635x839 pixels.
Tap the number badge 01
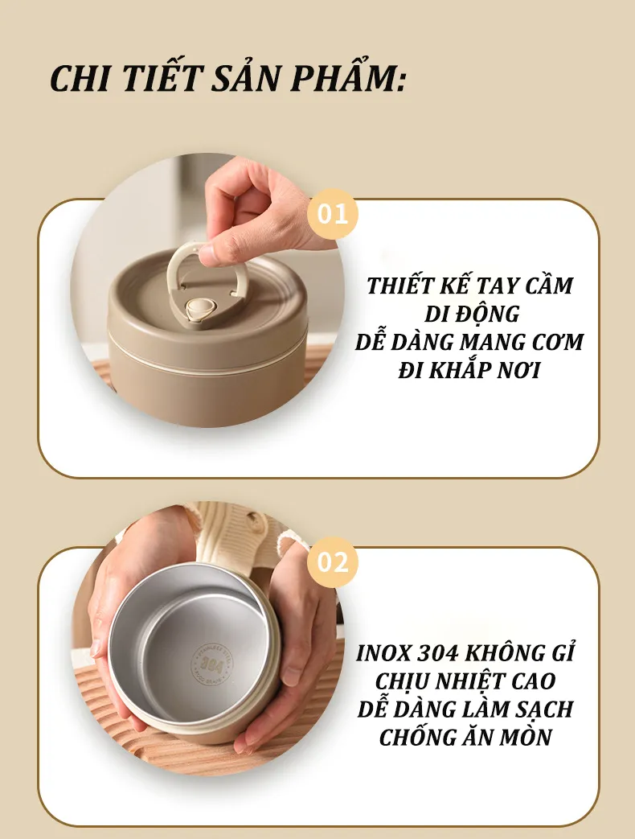tap(333, 214)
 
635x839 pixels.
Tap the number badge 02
tap(333, 562)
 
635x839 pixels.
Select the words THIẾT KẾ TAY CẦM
tap(470, 286)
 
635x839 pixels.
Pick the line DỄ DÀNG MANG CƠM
tap(469, 342)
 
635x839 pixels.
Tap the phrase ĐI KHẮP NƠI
tap(469, 370)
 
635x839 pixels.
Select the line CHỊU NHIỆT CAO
tap(465, 681)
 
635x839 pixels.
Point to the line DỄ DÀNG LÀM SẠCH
tap(465, 709)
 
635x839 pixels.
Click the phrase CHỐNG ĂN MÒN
tap(465, 737)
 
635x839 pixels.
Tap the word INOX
tap(383, 653)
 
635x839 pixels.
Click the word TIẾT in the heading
tap(160, 77)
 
